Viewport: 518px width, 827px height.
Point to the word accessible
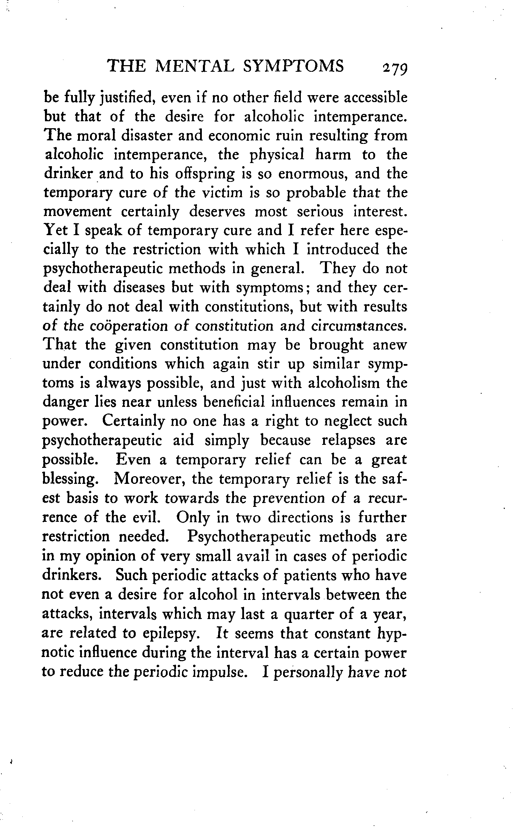pos(375,98)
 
